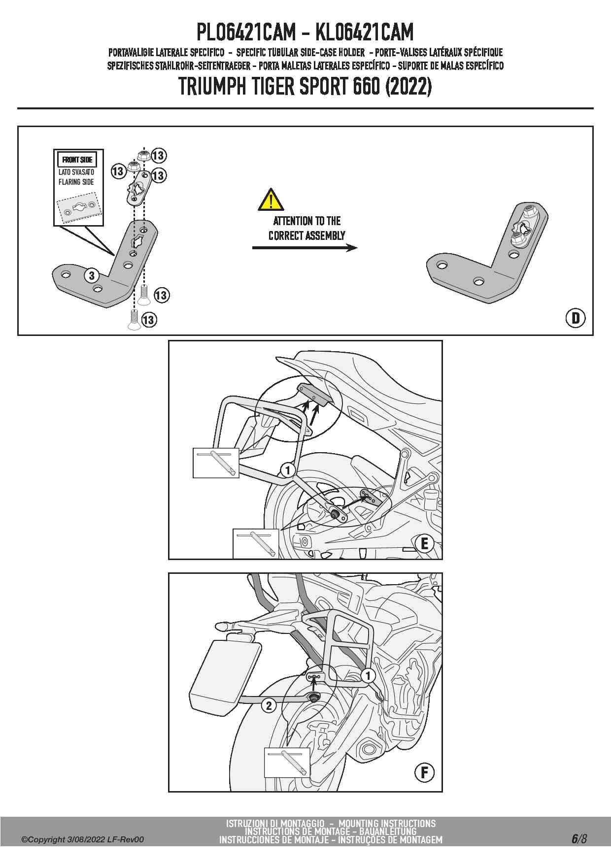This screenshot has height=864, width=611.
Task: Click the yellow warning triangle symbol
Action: coord(271,199)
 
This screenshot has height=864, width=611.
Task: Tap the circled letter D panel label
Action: coord(575,318)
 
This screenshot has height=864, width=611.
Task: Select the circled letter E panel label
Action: coord(424,544)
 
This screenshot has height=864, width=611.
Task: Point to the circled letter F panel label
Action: coord(424,772)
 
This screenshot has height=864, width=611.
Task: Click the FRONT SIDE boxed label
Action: coord(77,160)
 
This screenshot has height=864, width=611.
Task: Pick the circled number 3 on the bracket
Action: coord(92,275)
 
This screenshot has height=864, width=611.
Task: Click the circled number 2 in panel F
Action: coord(269,706)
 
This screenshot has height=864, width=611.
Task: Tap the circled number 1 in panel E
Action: coord(288,470)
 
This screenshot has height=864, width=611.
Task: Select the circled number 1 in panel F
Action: coord(368,675)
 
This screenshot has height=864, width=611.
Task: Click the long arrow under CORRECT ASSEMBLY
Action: coord(305,247)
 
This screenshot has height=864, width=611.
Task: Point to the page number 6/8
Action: coord(579,838)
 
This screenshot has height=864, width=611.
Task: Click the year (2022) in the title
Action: coord(408,87)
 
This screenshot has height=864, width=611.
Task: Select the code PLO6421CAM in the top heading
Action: coord(246,33)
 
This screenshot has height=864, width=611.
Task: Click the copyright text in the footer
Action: coord(82,839)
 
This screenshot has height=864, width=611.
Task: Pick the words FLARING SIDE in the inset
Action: coord(76,182)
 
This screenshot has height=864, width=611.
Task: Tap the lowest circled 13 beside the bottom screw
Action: coord(148,320)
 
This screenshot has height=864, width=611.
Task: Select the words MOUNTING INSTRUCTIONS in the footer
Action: coord(387,823)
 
